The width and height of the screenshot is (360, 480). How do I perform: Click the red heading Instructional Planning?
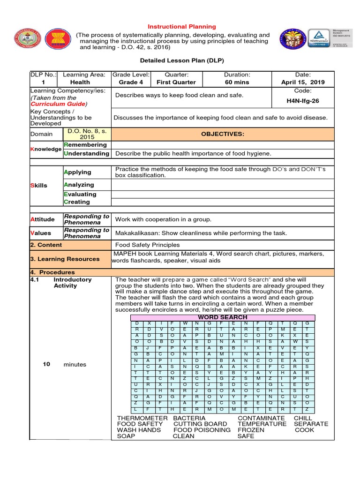click(182, 27)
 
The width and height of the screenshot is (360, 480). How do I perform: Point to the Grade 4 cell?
click(131, 82)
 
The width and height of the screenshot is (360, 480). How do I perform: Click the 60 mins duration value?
click(237, 82)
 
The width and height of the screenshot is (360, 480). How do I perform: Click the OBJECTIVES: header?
click(223, 134)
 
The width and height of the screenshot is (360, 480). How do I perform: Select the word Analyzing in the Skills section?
click(79, 185)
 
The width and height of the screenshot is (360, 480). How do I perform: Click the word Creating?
click(77, 202)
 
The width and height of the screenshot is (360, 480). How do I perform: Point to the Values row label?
click(41, 233)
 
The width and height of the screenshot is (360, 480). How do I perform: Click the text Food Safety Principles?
click(148, 245)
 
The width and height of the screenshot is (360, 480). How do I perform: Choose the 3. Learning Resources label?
click(65, 259)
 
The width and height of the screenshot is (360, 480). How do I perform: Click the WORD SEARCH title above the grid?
click(223, 317)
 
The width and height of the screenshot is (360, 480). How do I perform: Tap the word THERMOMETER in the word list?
click(142, 418)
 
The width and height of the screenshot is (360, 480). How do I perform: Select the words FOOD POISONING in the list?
click(202, 430)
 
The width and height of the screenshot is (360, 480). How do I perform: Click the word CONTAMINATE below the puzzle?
click(261, 418)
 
